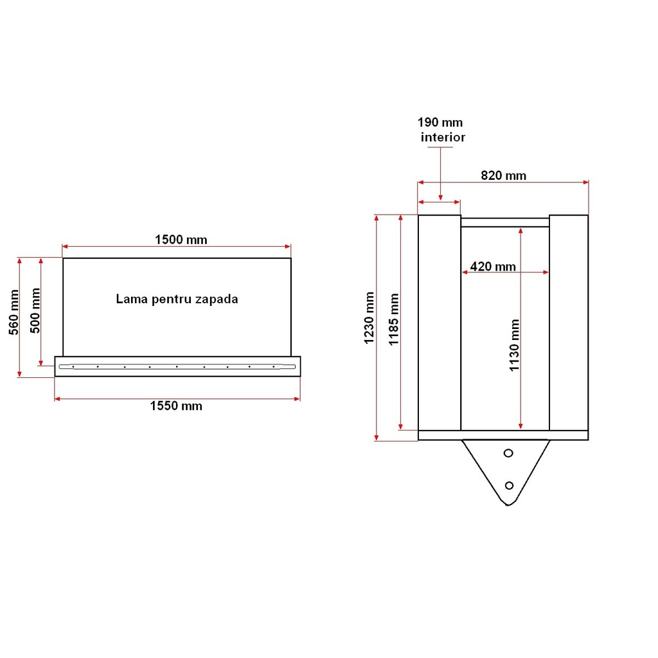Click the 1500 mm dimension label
(x=181, y=240)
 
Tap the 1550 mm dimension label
(x=176, y=406)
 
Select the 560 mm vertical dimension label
(x=14, y=312)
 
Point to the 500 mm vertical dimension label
(x=35, y=310)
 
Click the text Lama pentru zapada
(x=177, y=299)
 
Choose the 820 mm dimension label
(x=504, y=175)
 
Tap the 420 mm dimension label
(x=493, y=267)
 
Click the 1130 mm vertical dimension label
(x=515, y=345)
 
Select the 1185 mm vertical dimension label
(x=394, y=319)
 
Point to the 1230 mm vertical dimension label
(x=369, y=318)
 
